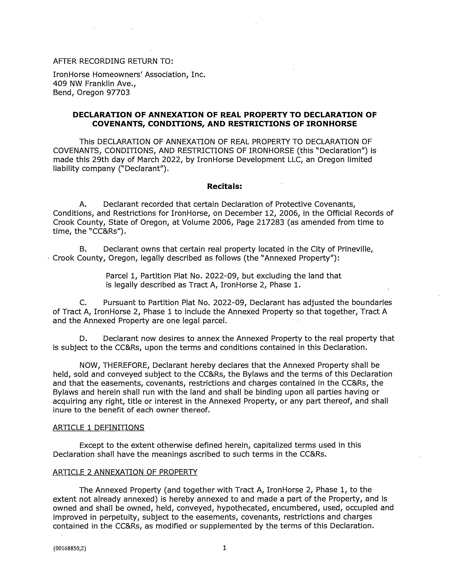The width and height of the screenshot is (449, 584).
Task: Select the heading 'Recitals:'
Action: [224, 186]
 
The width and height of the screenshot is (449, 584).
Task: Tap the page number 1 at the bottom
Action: [224, 548]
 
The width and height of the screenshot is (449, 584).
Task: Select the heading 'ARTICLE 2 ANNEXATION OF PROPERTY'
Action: [125, 472]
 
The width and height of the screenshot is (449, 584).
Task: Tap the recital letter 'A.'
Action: [83, 204]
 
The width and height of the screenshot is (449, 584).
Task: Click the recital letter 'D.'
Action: [83, 339]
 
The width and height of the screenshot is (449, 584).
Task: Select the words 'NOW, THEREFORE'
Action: [114, 365]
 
